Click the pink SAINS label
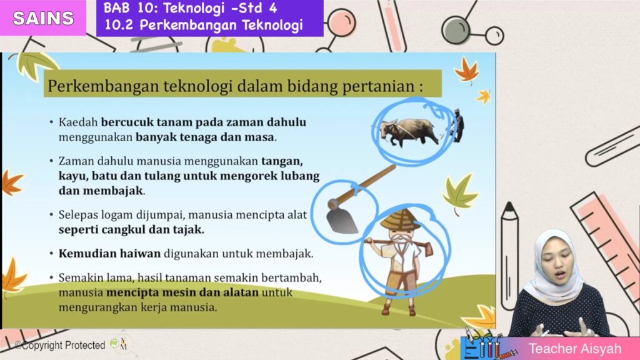[x=43, y=18]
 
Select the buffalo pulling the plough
[x=409, y=132]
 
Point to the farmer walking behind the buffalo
[x=457, y=126]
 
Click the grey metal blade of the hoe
[x=341, y=220]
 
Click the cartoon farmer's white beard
[x=399, y=239]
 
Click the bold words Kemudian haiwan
[x=109, y=254]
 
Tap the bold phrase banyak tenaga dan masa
[x=204, y=137]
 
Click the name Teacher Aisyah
[x=575, y=349]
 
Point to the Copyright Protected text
[x=60, y=345]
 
